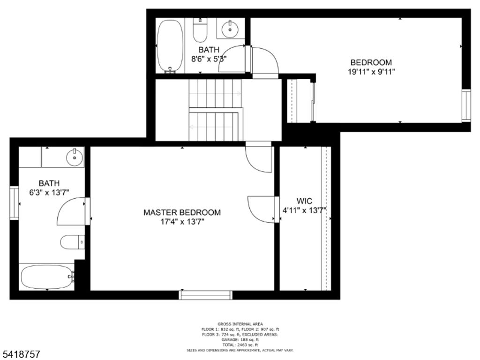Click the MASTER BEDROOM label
pyautogui.click(x=182, y=212)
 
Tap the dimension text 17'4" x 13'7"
pyautogui.click(x=182, y=222)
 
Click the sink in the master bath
pyautogui.click(x=75, y=157)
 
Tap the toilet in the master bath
pyautogui.click(x=70, y=242)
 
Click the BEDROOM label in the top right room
pyautogui.click(x=371, y=62)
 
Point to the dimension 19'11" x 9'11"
pyautogui.click(x=371, y=72)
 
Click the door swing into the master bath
pyautogui.click(x=71, y=212)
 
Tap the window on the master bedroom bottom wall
pyautogui.click(x=206, y=295)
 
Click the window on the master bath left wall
pyautogui.click(x=14, y=202)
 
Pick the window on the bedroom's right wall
pyautogui.click(x=465, y=105)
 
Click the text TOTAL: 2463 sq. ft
pyautogui.click(x=240, y=345)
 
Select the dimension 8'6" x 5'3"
pyautogui.click(x=209, y=59)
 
